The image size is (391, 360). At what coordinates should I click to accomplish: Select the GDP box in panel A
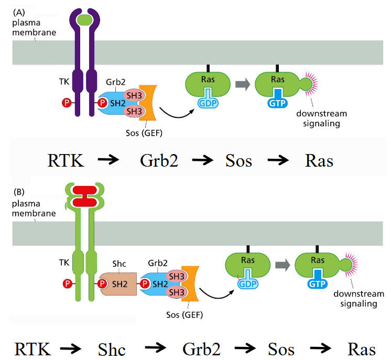coord(208,103)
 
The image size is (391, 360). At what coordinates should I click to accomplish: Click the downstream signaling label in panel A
coord(318,119)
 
